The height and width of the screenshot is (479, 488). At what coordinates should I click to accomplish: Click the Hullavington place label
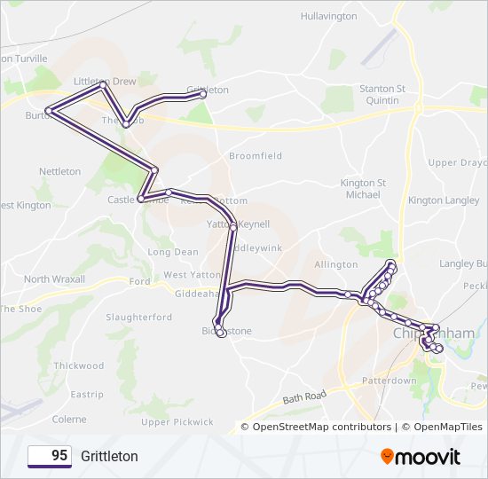click(330, 16)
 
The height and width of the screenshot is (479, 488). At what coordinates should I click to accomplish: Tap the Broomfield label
click(256, 155)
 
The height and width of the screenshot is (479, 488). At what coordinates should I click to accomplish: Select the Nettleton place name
click(60, 171)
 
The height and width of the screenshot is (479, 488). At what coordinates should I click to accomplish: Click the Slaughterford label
click(138, 317)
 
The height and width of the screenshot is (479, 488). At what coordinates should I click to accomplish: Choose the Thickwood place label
click(78, 365)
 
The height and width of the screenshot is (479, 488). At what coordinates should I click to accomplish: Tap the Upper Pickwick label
click(177, 421)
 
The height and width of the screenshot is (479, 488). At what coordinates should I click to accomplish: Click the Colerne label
click(69, 419)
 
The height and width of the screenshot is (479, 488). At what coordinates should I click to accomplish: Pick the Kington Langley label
click(443, 200)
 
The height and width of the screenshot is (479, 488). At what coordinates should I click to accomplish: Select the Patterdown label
click(389, 381)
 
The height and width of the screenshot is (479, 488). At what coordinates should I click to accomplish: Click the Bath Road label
click(305, 400)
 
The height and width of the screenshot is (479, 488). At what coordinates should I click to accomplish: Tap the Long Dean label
click(173, 252)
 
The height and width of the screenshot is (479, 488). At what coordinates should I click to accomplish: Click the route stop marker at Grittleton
click(203, 93)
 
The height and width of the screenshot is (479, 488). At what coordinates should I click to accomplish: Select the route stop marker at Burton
click(50, 112)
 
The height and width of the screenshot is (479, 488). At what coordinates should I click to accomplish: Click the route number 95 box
click(50, 456)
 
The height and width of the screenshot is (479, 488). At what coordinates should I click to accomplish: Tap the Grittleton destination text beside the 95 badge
click(110, 456)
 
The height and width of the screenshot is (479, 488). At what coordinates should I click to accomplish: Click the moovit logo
click(421, 456)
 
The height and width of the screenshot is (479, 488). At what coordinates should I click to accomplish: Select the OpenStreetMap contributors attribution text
click(321, 427)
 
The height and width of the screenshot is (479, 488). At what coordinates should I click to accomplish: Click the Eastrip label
click(87, 394)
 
